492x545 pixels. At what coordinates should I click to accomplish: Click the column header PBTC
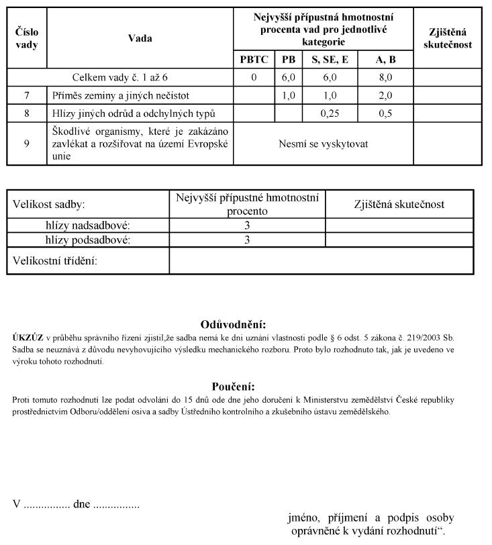pos(254,60)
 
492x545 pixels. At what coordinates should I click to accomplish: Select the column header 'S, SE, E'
pos(330,60)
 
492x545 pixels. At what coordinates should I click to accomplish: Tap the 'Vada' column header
pos(140,38)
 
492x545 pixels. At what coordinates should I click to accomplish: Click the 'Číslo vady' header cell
pos(27,38)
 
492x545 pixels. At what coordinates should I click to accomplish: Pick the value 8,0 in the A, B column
pos(385,78)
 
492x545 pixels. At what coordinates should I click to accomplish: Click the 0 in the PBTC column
pos(254,78)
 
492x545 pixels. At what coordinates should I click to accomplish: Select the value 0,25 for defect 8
pos(330,113)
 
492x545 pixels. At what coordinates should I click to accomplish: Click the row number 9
pos(27,143)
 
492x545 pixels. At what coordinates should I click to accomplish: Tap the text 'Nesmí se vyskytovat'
pos(323,144)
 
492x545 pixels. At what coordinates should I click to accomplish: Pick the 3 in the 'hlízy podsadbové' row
pos(247,240)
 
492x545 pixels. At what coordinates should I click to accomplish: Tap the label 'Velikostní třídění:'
pos(55,261)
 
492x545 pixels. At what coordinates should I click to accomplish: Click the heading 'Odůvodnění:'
pos(234,325)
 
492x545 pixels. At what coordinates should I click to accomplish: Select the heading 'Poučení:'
pos(234,387)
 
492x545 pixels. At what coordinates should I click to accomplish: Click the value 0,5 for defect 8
pos(385,113)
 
